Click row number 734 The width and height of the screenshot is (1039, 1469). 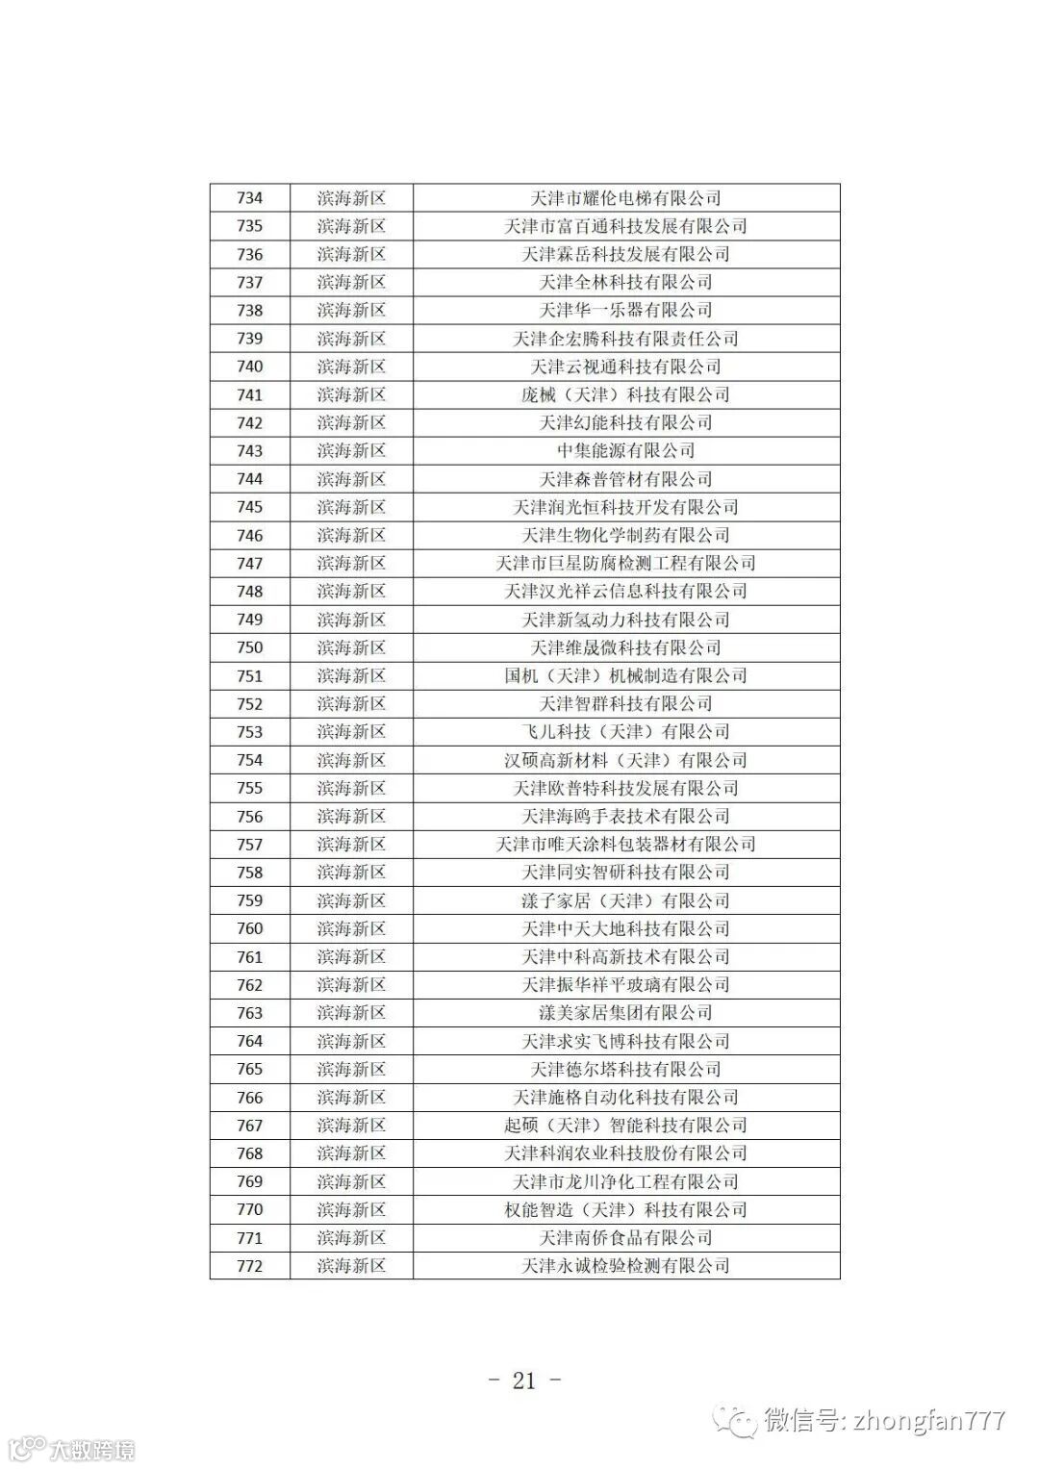point(249,198)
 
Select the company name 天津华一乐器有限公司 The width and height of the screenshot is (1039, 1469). point(625,311)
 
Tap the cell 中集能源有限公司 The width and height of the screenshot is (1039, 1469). point(625,451)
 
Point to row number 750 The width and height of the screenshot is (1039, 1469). point(249,647)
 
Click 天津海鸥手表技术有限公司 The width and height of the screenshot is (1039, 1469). point(625,817)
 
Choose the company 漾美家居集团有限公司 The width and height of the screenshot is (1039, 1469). point(625,1013)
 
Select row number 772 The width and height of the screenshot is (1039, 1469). point(249,1266)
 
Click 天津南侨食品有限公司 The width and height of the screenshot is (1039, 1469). point(625,1238)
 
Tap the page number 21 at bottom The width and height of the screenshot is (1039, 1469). point(524,1380)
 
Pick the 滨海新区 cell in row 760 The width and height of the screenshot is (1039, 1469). point(351,929)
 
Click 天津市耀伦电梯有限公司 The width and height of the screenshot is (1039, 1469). point(625,198)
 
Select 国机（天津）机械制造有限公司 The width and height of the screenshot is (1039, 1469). point(625,676)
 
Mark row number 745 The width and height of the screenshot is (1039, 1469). point(249,507)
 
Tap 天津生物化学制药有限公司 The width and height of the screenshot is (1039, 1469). point(625,536)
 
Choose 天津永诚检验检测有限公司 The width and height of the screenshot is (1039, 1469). point(625,1266)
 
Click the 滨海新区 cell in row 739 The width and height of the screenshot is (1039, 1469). point(351,339)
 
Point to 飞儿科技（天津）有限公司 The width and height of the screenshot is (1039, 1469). point(625,732)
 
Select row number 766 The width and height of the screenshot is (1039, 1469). point(249,1098)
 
